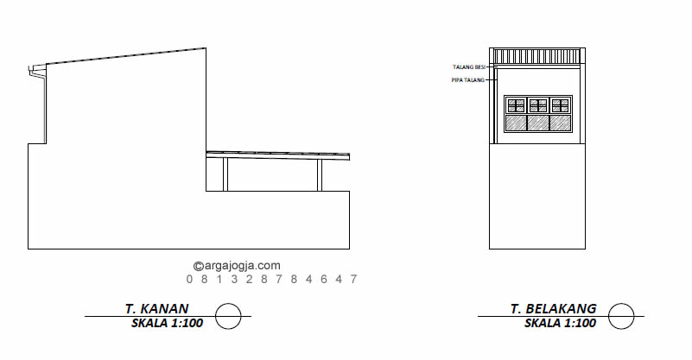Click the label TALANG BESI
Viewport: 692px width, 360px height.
469,67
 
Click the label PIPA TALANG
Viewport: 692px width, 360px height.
467,79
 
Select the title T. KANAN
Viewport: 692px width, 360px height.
157,308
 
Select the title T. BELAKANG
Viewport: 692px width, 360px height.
554,308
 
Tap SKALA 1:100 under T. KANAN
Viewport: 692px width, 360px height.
168,323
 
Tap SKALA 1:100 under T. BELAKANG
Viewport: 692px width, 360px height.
561,323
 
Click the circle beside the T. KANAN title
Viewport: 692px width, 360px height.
228,304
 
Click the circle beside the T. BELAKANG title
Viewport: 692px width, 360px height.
621,304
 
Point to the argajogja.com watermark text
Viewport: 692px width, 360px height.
237,266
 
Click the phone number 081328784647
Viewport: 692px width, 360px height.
272,279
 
